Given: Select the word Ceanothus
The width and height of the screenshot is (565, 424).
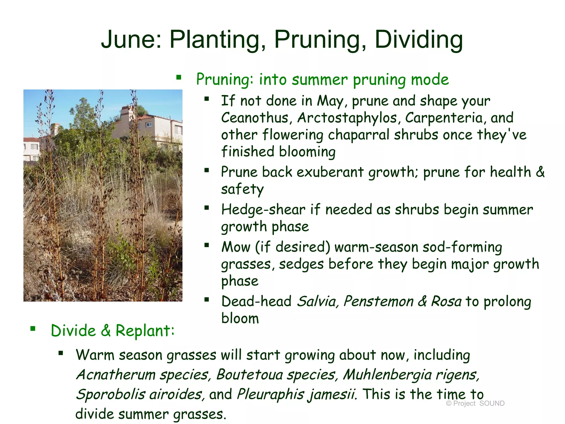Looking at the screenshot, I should tap(255, 118).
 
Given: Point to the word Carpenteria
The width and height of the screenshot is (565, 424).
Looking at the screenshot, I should tap(444, 118).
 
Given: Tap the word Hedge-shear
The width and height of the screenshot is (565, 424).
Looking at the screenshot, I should tap(263, 210).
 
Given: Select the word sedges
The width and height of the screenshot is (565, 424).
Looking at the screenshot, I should tap(301, 264).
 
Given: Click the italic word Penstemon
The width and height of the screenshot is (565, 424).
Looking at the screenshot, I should tap(378, 301).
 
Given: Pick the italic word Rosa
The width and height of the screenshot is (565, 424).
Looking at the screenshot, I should tap(446, 301).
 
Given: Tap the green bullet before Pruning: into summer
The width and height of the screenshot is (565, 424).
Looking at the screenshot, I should tap(179, 78).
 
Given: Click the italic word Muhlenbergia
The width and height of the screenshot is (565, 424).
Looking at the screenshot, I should tap(387, 375).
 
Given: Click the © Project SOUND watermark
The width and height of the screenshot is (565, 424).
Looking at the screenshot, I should tap(475, 403).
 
